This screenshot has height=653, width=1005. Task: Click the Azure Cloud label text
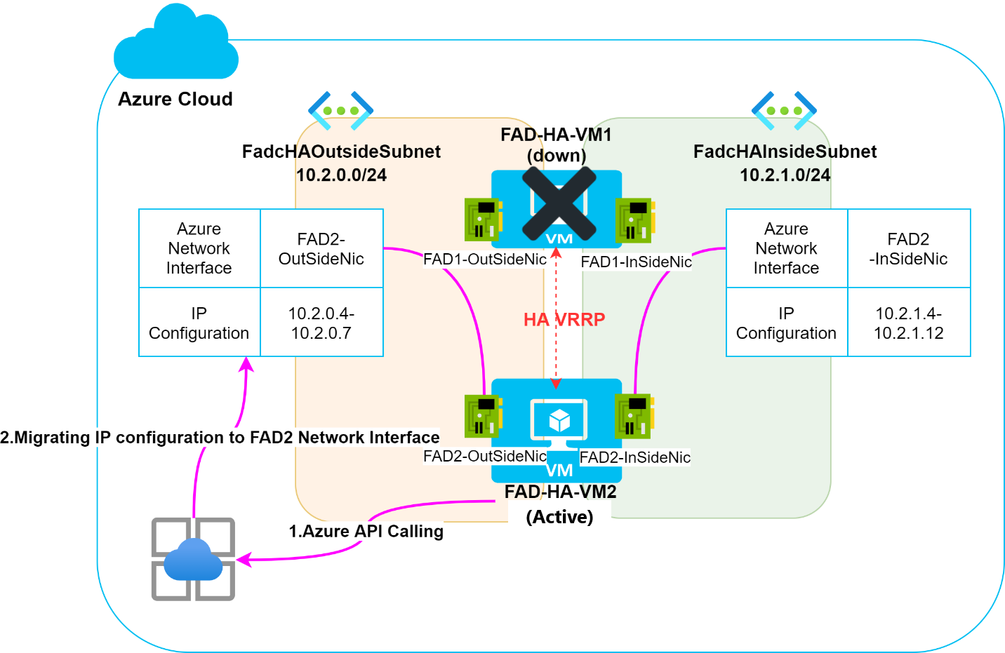tap(175, 99)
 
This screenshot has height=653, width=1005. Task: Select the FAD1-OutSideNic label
tap(484, 260)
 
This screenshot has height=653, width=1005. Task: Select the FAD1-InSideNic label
tap(636, 262)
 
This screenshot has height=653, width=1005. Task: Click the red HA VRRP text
tap(564, 320)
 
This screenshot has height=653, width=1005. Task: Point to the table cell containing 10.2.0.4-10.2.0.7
tap(321, 323)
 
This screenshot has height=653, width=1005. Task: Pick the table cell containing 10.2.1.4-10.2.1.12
tap(908, 323)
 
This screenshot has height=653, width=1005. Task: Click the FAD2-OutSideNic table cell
tap(321, 249)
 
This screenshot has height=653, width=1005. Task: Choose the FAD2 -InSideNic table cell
tap(908, 249)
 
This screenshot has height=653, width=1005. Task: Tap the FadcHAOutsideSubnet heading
tap(341, 152)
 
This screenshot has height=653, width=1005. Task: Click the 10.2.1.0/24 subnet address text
tap(785, 175)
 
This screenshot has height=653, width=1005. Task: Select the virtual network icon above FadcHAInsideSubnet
tap(784, 110)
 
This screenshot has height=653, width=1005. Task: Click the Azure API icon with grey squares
tap(193, 559)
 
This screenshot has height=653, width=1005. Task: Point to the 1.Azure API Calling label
tap(366, 532)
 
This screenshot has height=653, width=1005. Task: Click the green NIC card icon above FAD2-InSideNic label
tap(634, 415)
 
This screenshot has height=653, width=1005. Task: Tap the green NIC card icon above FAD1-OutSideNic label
tap(483, 219)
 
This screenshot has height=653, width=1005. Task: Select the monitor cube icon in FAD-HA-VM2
tap(559, 421)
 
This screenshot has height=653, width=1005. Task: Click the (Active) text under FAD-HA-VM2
tap(559, 517)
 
